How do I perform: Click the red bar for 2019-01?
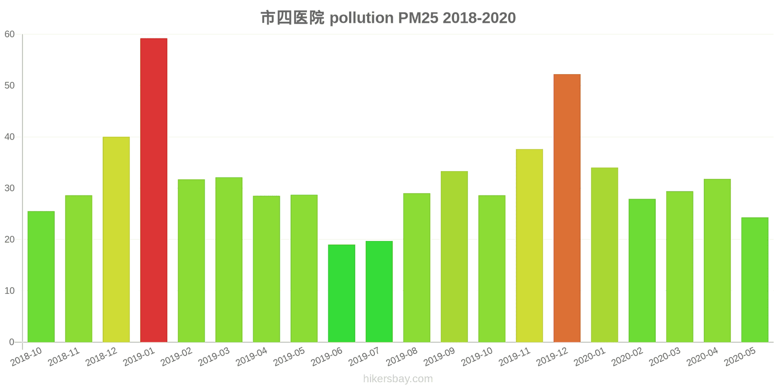[x=154, y=190]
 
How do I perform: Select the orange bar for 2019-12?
[x=567, y=208]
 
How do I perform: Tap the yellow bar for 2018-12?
[x=116, y=240]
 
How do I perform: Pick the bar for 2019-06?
[x=341, y=293]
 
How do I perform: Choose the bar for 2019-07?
[x=379, y=291]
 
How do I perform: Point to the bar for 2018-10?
[x=41, y=276]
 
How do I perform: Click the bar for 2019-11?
[x=529, y=245]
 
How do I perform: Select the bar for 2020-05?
[x=755, y=280]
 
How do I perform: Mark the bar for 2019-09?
[x=454, y=257]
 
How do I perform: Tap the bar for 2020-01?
[x=604, y=255]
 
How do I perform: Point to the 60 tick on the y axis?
[x=10, y=34]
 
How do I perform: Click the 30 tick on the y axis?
[x=10, y=188]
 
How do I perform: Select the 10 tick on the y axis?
[x=10, y=291]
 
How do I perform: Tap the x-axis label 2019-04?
[x=252, y=357]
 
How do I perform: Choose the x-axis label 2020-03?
[x=665, y=357]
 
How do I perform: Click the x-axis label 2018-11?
[x=64, y=357]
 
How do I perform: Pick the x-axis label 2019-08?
[x=402, y=357]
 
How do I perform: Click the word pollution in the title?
[x=362, y=18]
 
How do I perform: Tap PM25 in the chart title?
[x=418, y=18]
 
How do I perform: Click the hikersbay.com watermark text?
[x=398, y=379]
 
